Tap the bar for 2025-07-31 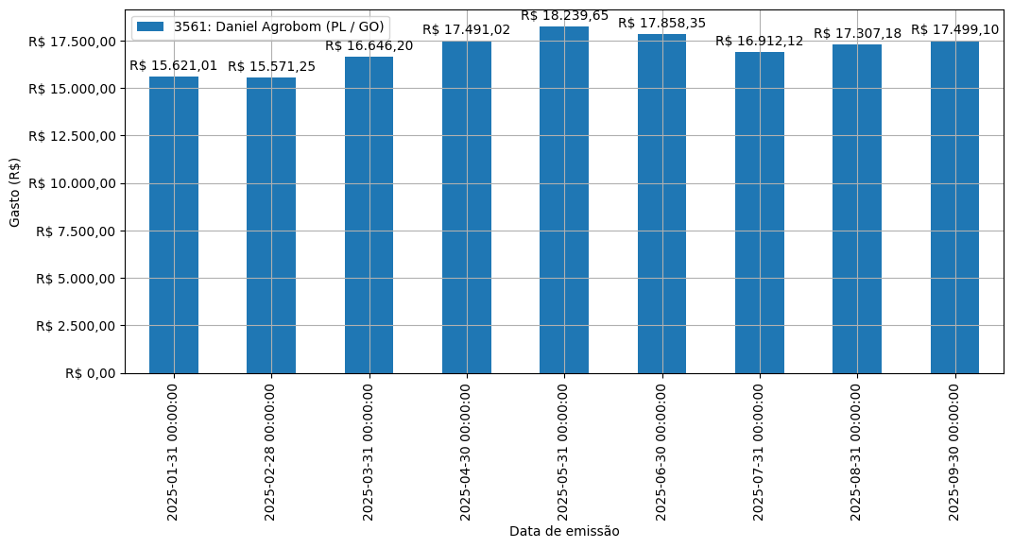tap(760, 213)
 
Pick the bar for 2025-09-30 tap(954, 207)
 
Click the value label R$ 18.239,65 tap(564, 15)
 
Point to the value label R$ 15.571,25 tap(271, 66)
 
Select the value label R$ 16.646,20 tap(369, 45)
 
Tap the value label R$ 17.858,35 tap(661, 23)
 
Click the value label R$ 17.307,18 tap(857, 33)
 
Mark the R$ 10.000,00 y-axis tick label tap(72, 183)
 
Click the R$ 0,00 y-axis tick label tap(91, 373)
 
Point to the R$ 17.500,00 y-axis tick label tap(72, 42)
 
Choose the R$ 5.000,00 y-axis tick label tap(76, 279)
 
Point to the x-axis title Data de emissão tap(564, 531)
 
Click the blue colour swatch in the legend tap(151, 26)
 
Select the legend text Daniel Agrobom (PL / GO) tap(279, 26)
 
